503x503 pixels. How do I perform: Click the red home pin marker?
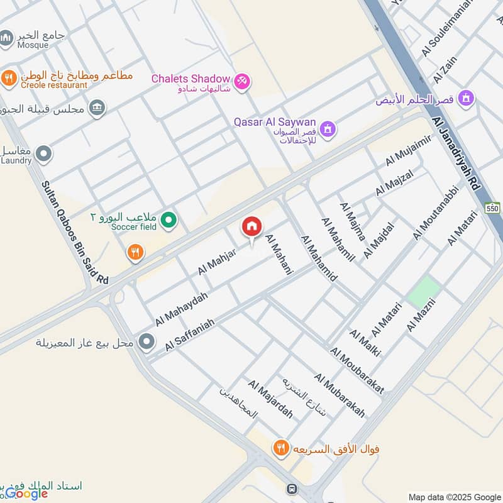click(x=251, y=227)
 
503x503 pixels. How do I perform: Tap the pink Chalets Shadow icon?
click(x=242, y=81)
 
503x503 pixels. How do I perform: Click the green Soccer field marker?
click(x=168, y=220)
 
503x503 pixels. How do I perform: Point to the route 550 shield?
click(x=492, y=208)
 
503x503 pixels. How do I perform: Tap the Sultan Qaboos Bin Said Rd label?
click(x=75, y=233)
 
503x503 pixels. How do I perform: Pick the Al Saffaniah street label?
click(x=190, y=334)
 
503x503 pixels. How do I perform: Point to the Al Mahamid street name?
click(x=319, y=258)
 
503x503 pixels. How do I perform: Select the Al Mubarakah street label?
click(x=340, y=395)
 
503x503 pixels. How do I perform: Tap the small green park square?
click(x=424, y=292)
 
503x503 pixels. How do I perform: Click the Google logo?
click(x=26, y=494)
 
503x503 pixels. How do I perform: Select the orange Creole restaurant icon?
click(x=9, y=78)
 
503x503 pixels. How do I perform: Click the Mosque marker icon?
click(x=7, y=40)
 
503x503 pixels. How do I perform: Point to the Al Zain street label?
click(x=445, y=69)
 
